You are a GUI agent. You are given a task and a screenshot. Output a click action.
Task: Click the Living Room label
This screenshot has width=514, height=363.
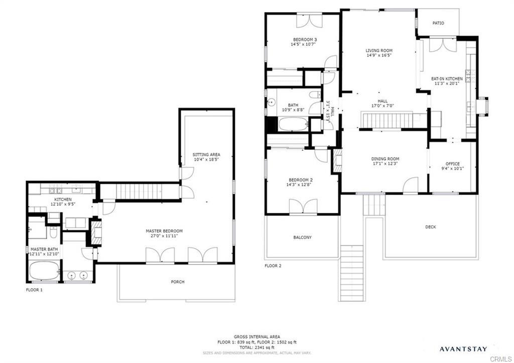[378, 50]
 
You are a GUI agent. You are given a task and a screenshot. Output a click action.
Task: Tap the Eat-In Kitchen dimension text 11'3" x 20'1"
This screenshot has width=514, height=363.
[447, 84]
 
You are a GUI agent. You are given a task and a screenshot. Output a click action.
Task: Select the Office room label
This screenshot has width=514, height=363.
[452, 164]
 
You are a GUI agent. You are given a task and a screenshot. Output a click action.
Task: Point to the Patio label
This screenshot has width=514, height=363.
[438, 23]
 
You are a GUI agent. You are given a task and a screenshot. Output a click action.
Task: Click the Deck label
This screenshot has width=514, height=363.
[430, 227]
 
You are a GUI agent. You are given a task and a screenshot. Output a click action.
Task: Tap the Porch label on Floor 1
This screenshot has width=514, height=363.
[177, 282]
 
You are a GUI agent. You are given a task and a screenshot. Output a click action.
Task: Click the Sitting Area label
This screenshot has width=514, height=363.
[206, 154]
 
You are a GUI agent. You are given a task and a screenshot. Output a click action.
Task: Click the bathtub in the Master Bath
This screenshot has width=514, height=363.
[44, 272]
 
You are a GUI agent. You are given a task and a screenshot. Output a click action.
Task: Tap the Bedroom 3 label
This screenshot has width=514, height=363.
[305, 39]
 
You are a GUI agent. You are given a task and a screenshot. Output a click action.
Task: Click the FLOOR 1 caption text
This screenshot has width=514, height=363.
[35, 290]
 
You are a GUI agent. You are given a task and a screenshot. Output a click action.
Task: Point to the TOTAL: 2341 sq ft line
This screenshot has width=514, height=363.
[256, 347]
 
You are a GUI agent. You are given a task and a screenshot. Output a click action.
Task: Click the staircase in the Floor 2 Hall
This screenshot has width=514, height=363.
[387, 120]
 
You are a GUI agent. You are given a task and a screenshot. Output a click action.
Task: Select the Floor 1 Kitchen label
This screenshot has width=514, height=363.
[63, 199]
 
